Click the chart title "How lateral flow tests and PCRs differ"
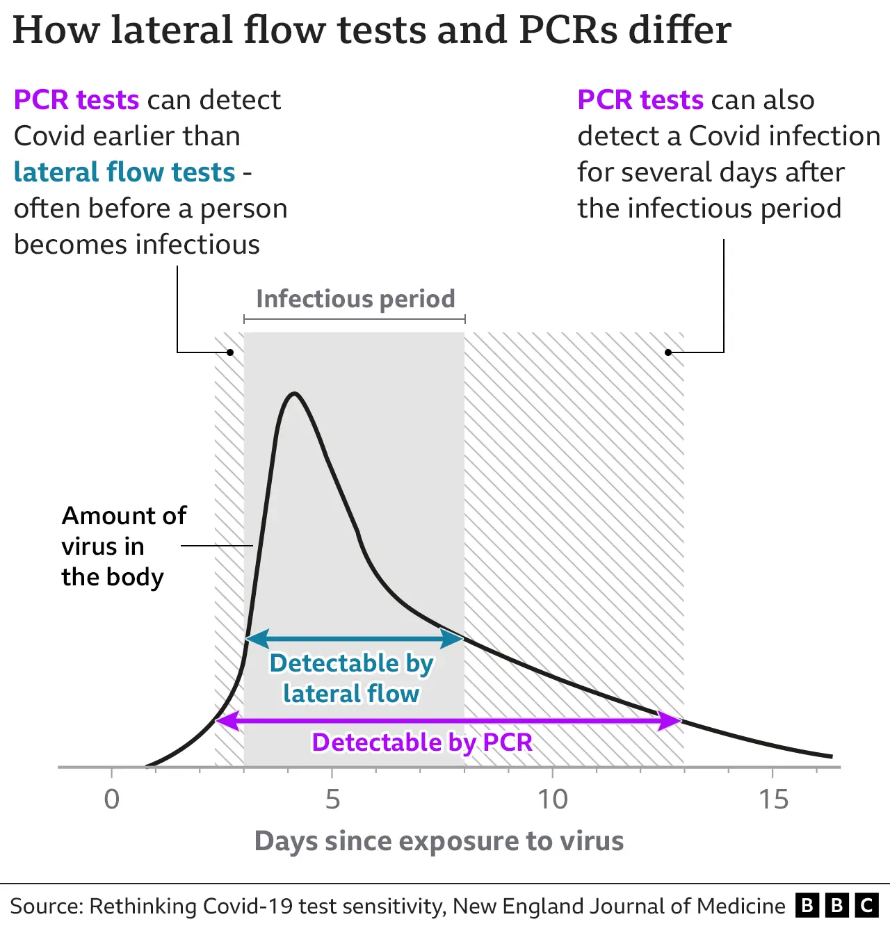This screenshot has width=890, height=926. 372,31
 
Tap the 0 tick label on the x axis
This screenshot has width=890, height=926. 111,799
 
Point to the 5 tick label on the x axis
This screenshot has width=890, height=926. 332,799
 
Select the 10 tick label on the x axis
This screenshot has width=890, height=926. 553,799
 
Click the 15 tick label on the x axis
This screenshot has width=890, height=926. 773,799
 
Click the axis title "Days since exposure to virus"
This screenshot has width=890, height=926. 439,841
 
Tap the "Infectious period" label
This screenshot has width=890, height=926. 355,299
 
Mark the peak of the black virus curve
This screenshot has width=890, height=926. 295,394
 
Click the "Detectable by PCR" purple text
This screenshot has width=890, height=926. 422,742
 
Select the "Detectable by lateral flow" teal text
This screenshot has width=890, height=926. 351,679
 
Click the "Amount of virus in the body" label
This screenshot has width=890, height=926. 123,546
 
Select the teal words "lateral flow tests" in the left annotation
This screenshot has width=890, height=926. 124,172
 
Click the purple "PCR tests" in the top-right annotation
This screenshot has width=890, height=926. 640,100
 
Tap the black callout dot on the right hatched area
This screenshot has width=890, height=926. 668,352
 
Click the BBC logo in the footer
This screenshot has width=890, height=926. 837,905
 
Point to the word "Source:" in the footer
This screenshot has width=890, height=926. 46,907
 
